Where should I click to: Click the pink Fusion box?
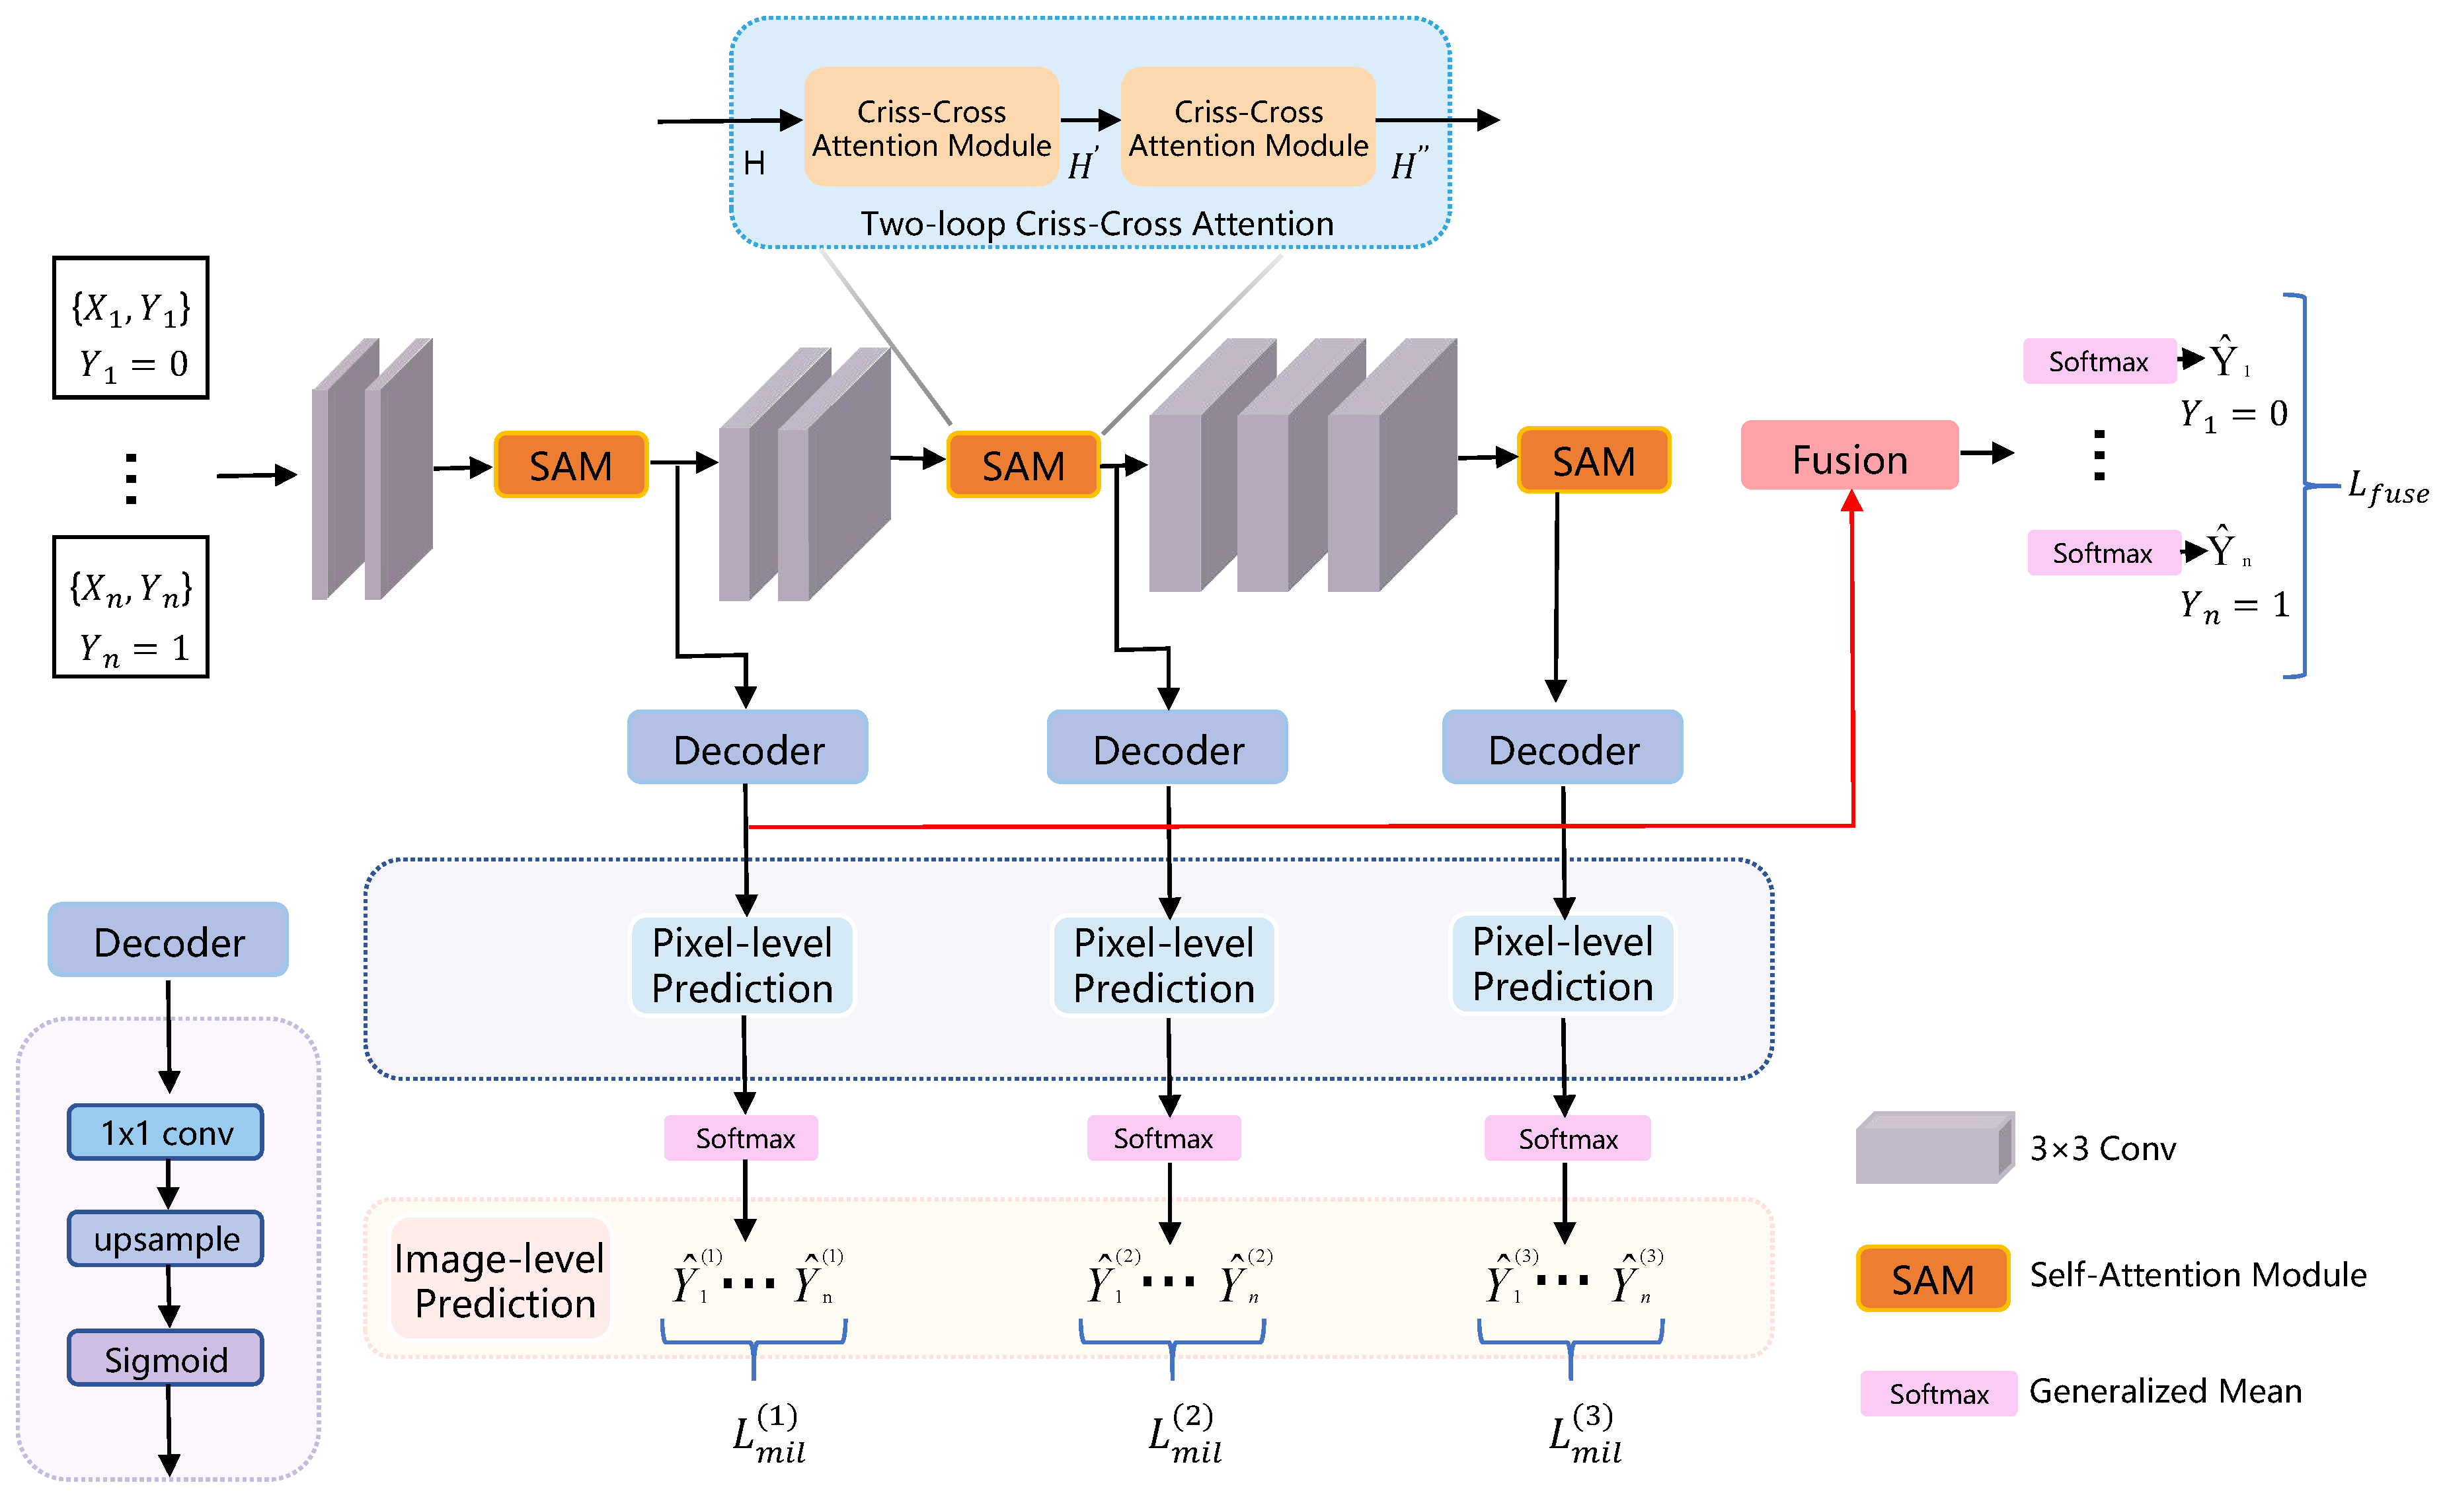coord(1849,456)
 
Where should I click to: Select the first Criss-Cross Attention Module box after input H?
coord(931,127)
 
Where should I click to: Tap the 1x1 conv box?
coord(166,1132)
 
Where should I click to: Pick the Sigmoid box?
coord(166,1358)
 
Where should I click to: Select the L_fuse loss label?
coord(2386,488)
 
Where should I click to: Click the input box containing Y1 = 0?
coord(131,328)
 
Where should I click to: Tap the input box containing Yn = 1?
coord(131,607)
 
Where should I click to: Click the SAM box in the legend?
coord(1932,1279)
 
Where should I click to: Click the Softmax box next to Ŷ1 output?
coord(2098,361)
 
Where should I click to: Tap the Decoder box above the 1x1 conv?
coord(168,941)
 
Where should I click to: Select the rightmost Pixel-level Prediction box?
coord(1562,965)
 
